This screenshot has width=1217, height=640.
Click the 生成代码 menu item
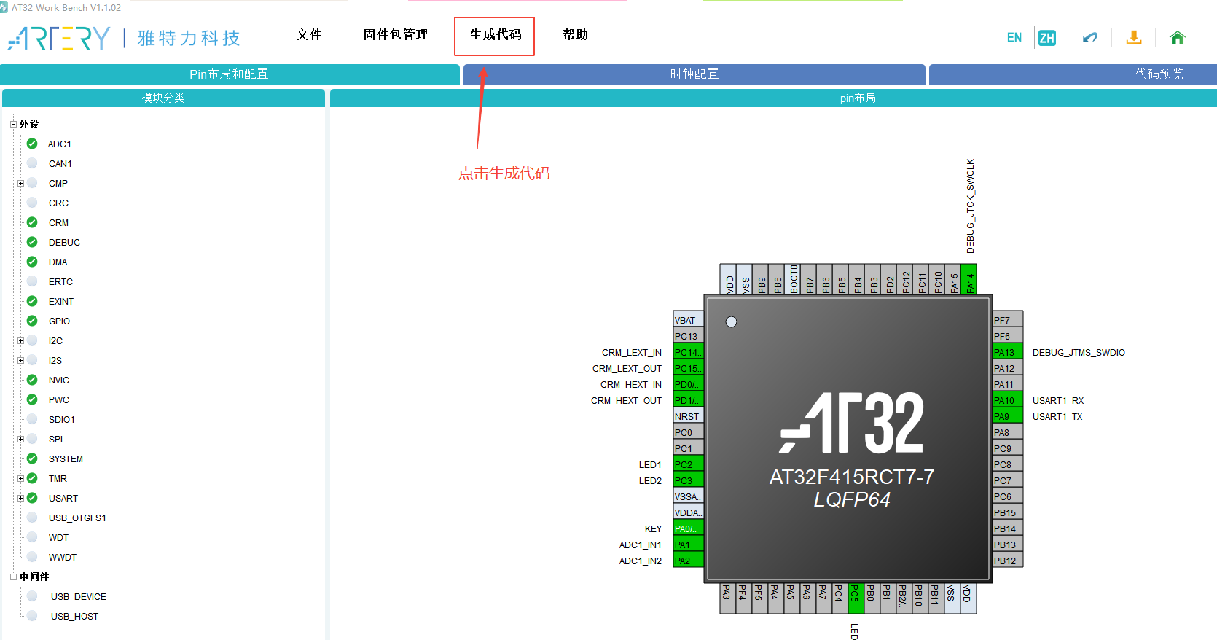pos(495,35)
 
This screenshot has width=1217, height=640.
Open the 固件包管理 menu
pos(396,35)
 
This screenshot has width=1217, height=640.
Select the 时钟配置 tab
pos(694,74)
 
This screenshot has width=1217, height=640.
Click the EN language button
pos(1014,38)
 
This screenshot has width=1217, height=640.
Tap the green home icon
pos(1177,38)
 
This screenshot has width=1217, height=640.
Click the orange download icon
pos(1133,38)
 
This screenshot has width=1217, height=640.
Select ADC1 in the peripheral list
pos(60,144)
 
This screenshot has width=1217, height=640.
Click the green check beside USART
pos(32,498)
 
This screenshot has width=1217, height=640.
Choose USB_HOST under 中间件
pos(74,616)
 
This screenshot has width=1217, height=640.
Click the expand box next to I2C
pos(21,340)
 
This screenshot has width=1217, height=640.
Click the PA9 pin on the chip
pos(1008,416)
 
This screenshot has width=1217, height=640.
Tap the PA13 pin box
pos(1008,352)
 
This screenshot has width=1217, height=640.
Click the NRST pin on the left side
pos(687,416)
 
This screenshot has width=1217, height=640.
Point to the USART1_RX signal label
pos(1057,401)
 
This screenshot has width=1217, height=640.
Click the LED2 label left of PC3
pos(650,481)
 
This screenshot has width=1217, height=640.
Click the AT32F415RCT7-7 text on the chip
pos(851,477)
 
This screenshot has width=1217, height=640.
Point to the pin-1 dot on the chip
pos(731,321)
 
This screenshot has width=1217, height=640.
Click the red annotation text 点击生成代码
pos(504,173)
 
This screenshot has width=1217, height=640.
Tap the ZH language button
pos(1046,38)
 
